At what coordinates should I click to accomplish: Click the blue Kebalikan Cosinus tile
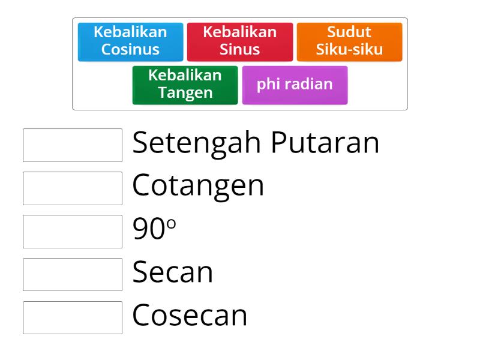coord(130,41)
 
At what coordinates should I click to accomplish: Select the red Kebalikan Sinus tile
coord(239,41)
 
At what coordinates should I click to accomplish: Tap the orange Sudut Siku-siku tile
coord(349,41)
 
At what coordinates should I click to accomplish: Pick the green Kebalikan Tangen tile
coord(185,85)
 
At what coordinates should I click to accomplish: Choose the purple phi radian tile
coord(295,85)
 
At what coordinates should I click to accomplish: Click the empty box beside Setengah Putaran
coord(73,145)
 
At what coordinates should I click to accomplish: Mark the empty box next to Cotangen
coord(73,188)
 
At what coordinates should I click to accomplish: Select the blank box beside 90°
coord(73,232)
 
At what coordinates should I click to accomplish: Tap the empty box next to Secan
coord(73,275)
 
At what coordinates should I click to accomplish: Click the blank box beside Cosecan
coord(73,318)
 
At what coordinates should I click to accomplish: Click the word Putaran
coord(325,143)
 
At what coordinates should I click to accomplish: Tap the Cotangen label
coord(198,186)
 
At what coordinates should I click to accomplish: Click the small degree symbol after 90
coord(172,223)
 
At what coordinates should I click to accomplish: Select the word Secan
coord(173,272)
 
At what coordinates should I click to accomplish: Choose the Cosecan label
coord(190,316)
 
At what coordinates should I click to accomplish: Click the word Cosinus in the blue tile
coord(130,49)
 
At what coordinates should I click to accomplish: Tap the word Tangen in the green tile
coord(185,93)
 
